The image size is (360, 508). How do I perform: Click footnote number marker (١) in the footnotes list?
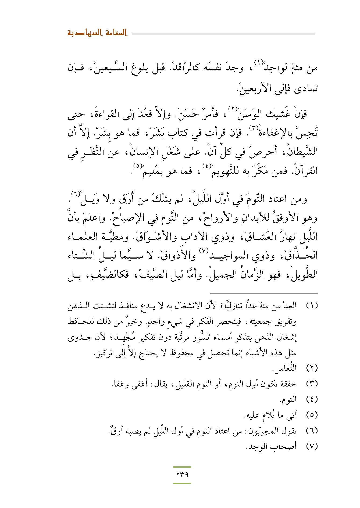pyautogui.click(x=312, y=306)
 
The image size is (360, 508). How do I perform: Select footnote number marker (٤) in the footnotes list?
pyautogui.click(x=312, y=399)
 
